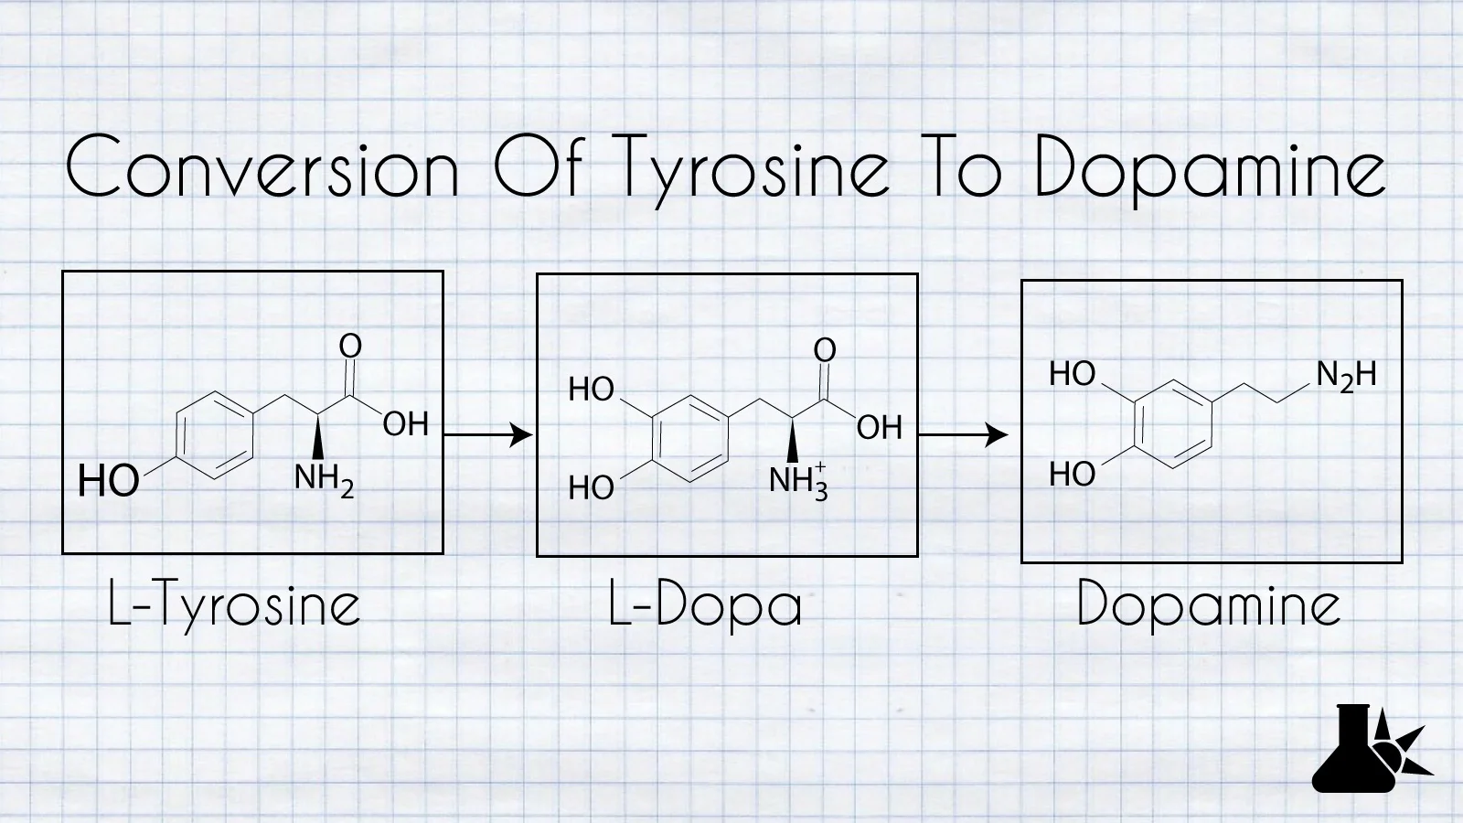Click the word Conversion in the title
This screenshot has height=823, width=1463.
tap(262, 166)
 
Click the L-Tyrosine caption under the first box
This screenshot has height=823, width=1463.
tap(234, 605)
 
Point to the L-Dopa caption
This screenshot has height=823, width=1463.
tap(705, 605)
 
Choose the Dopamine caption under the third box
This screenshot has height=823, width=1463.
tap(1209, 605)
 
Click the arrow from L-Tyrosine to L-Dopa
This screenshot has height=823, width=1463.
tap(488, 434)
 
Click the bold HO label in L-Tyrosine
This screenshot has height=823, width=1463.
tap(108, 481)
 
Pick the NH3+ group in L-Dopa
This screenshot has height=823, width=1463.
tap(798, 480)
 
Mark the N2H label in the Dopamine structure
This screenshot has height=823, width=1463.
tap(1346, 376)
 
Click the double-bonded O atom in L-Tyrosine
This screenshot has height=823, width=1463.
tap(350, 346)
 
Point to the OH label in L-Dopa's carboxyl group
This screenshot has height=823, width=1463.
tap(879, 428)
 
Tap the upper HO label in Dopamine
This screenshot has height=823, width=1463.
tap(1072, 374)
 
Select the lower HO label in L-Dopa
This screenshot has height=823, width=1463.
tap(591, 488)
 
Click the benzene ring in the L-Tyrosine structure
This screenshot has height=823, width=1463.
tap(213, 435)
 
